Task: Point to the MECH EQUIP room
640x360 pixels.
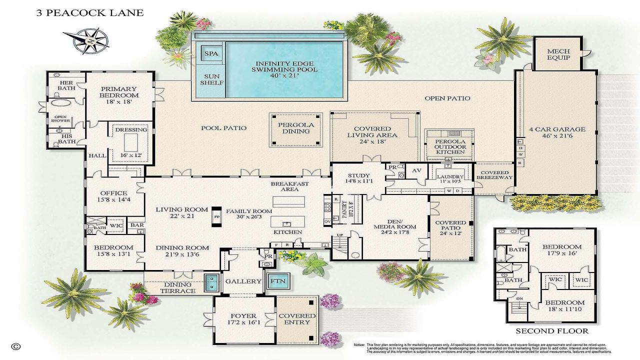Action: coord(558,54)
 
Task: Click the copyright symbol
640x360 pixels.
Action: coord(16,346)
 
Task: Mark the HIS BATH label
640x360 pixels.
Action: coord(66,138)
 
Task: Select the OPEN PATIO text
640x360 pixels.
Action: coord(447,98)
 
